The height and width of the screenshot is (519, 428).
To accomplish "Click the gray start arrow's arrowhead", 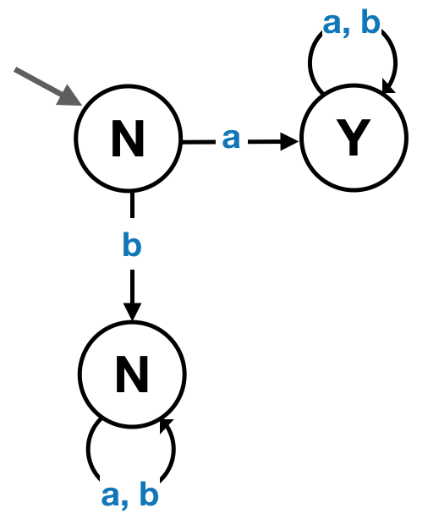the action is click(70, 96).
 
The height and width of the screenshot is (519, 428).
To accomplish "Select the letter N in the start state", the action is click(128, 139).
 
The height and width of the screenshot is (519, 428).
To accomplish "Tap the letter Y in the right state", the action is click(353, 137).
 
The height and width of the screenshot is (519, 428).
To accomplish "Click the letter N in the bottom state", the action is click(132, 374).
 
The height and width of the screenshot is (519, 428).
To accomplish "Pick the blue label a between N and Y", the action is click(231, 139).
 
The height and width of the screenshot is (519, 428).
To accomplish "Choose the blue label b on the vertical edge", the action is click(132, 244).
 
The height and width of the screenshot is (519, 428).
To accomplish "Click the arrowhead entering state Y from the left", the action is click(290, 142).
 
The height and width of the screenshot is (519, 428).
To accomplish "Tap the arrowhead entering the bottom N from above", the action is click(132, 311).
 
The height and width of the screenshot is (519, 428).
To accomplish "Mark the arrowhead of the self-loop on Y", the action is click(387, 87).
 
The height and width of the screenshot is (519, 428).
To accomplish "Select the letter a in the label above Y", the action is click(332, 24).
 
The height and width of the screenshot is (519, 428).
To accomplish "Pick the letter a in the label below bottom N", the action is click(110, 495).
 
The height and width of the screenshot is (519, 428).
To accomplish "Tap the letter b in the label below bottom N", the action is click(149, 493).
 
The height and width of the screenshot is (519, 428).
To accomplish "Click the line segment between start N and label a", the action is click(199, 142).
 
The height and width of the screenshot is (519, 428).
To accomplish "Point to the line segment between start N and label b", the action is click(132, 205).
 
